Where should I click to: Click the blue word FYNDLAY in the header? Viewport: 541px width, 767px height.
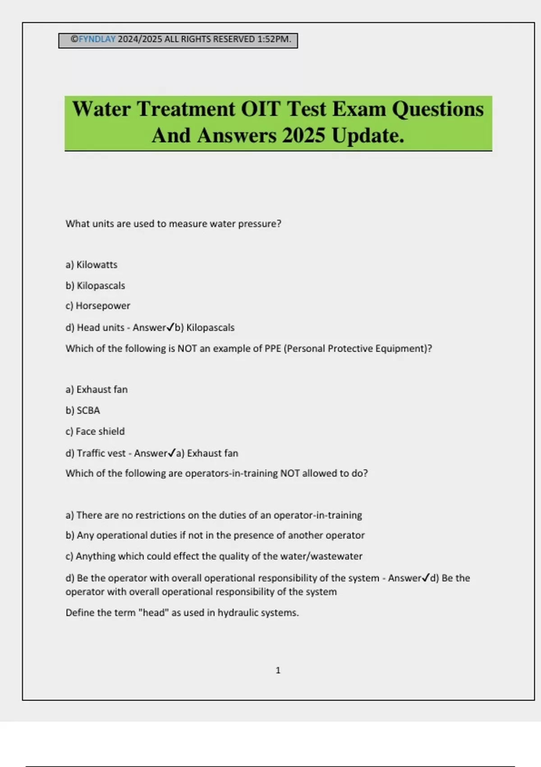point(97,39)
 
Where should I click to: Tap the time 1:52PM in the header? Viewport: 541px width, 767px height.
point(274,39)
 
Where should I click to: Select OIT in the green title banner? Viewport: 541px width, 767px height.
point(261,109)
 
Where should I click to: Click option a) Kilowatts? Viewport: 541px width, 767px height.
point(92,265)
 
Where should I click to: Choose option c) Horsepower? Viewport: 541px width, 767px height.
point(98,306)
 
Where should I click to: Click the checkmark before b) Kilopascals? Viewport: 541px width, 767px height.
point(170,327)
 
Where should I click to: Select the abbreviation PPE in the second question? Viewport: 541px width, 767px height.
point(273,349)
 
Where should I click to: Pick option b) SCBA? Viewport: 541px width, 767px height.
point(83,411)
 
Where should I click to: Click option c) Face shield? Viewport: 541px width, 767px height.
point(95,431)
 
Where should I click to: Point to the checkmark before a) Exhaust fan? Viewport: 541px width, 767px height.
point(172,453)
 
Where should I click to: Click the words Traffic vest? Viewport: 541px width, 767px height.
point(101,453)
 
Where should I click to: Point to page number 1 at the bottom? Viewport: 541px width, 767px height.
point(278,670)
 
